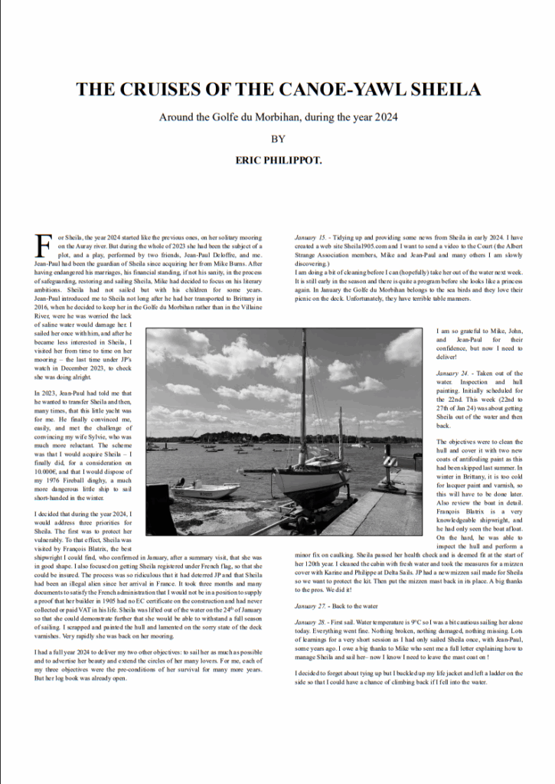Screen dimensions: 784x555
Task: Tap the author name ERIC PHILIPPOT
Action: (278, 162)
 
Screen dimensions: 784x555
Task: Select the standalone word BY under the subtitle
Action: (278, 139)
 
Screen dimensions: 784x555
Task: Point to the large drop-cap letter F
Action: (44, 247)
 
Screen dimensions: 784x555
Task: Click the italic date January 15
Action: (311, 238)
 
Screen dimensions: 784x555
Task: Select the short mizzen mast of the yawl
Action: (340, 433)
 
